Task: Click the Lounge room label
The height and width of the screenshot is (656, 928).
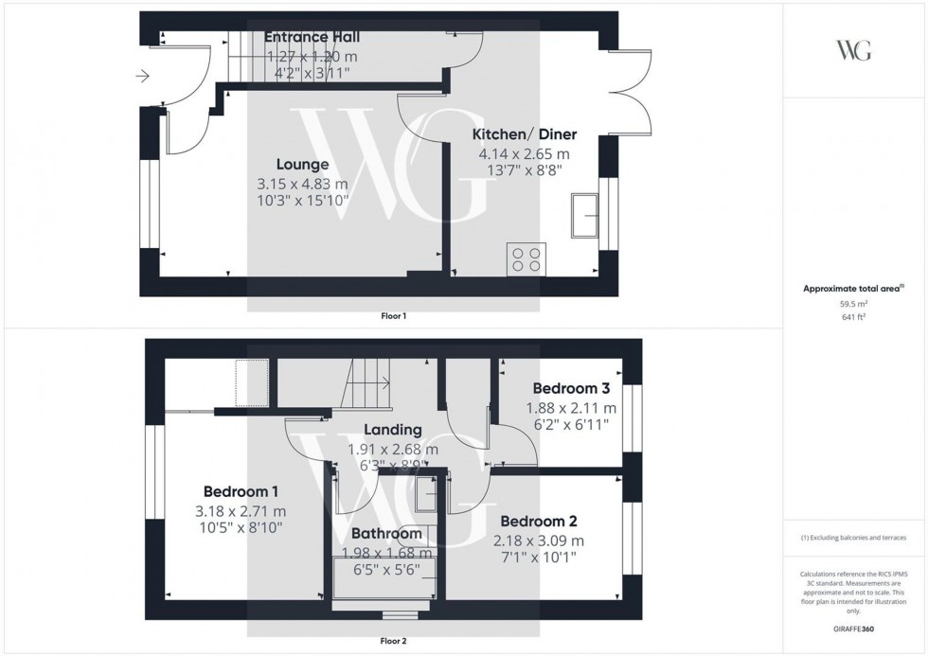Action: [303, 165]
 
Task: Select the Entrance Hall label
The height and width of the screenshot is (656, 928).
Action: [312, 37]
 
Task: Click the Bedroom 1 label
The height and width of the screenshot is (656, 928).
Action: [241, 491]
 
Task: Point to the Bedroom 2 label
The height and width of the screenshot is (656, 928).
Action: [538, 522]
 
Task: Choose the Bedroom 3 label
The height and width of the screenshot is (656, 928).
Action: [570, 388]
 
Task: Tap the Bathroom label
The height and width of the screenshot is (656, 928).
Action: [385, 534]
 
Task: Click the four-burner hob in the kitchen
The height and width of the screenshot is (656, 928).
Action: [526, 259]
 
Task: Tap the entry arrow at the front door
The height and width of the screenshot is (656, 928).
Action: [144, 75]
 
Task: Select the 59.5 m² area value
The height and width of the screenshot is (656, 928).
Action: [854, 303]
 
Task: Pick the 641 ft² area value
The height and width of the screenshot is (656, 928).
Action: [854, 317]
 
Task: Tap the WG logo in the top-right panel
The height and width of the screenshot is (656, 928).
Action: [854, 50]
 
